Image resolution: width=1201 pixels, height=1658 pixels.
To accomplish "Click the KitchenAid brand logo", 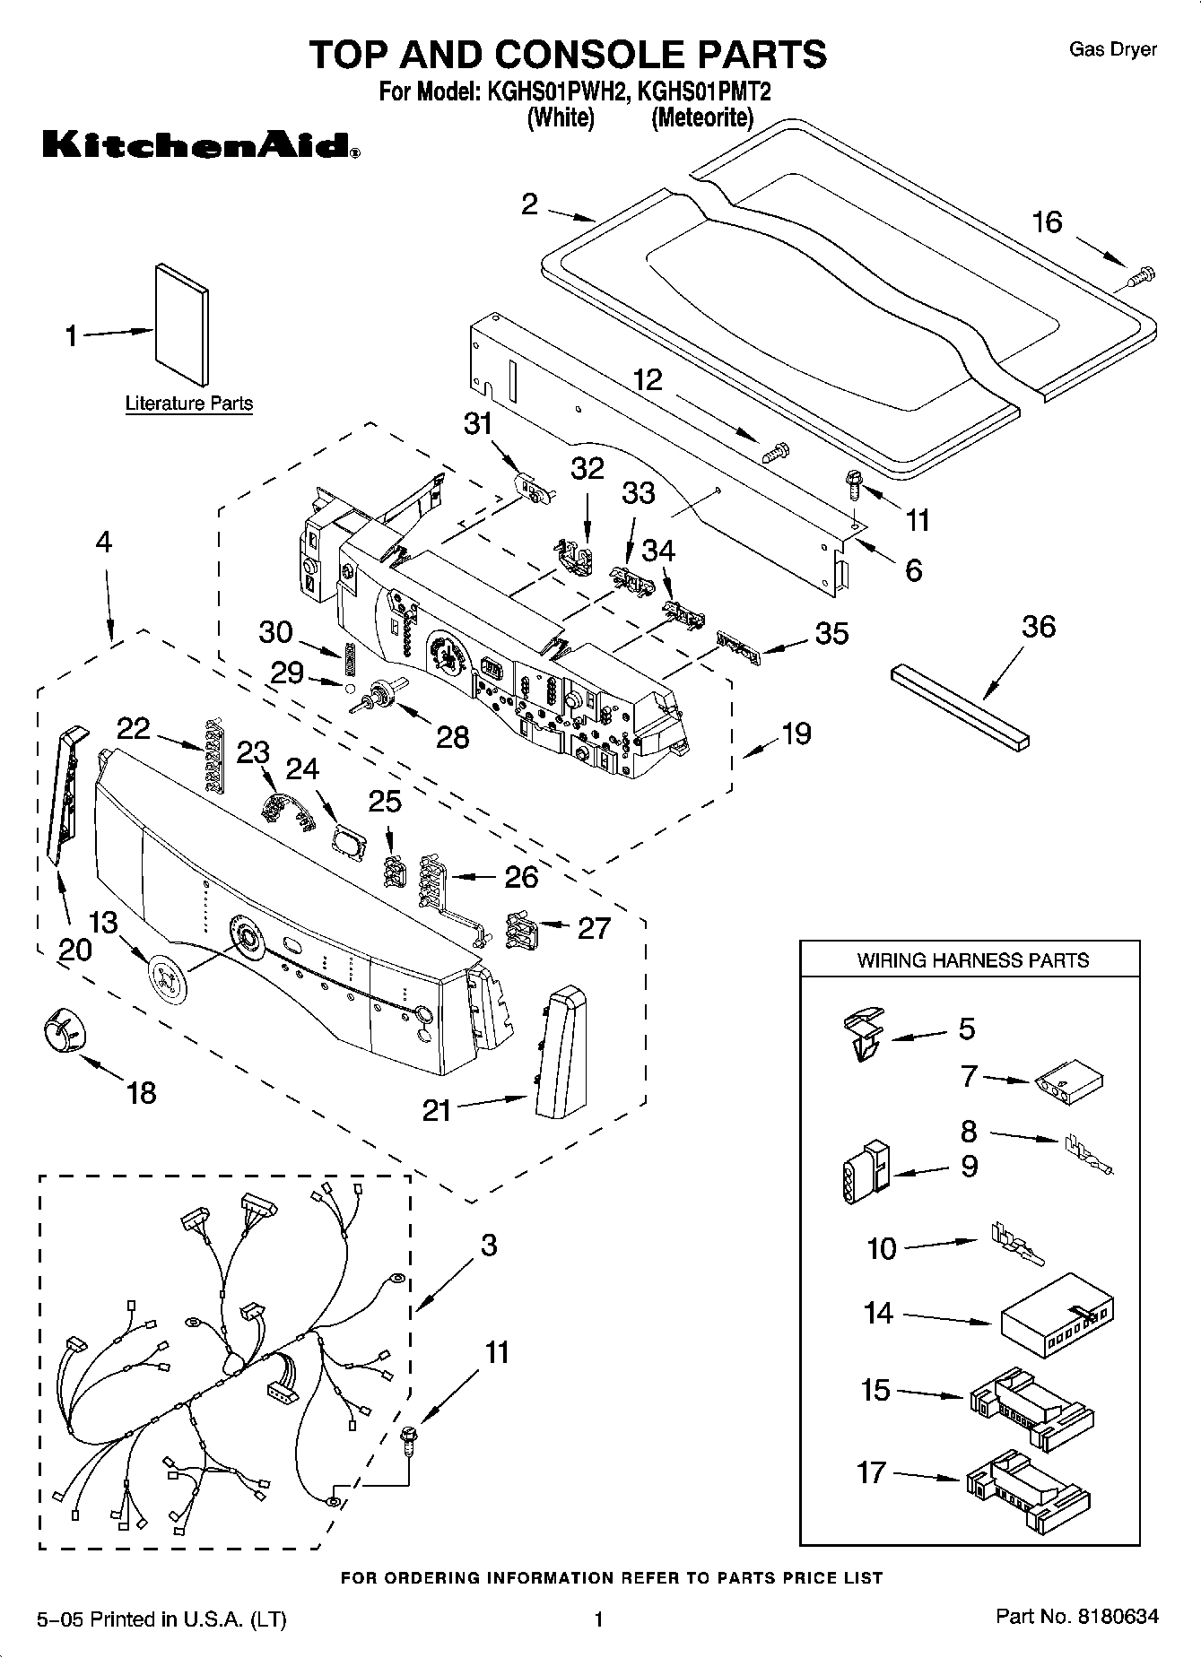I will point(201,144).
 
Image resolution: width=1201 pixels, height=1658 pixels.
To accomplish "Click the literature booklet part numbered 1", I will point(182,324).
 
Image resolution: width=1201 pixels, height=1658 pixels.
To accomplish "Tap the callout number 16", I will point(1047,221).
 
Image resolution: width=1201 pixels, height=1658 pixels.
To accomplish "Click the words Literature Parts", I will point(188,404).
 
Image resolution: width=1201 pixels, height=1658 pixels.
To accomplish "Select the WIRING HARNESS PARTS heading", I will point(972,960).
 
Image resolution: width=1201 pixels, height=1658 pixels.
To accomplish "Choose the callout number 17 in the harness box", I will point(871,1472).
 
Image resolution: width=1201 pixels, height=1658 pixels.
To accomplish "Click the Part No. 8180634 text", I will point(1077,1617).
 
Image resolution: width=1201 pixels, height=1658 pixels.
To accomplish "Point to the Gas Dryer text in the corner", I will point(1112,49).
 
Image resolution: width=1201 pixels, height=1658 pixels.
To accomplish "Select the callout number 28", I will point(452,737).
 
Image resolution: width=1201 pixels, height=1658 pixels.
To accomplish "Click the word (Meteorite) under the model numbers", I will point(702,117).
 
